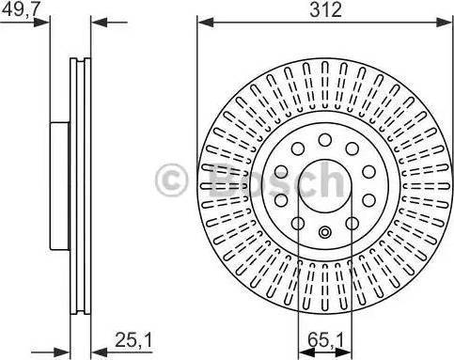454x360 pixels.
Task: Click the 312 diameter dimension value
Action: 325,10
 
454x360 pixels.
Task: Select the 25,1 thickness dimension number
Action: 133,339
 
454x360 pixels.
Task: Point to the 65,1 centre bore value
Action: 325,339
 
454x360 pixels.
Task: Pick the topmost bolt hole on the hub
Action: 325,139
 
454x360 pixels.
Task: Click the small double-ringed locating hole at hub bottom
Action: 325,232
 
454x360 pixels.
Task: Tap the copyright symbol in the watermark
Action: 171,180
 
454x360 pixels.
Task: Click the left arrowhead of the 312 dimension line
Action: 206,23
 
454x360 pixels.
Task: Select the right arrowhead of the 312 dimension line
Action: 445,23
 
